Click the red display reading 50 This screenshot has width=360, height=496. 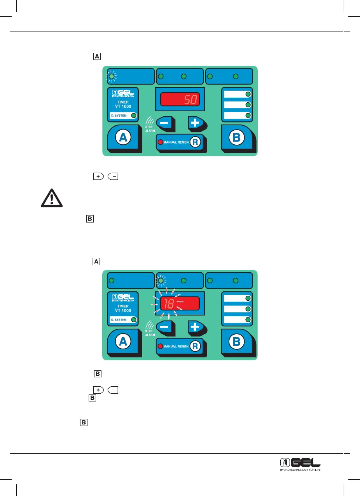[x=180, y=101]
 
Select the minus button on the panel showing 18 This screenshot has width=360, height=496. [x=164, y=326]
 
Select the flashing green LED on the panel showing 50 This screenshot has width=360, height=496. [x=112, y=77]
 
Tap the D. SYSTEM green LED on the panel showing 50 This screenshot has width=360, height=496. [x=134, y=116]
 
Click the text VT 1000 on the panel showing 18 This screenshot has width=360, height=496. [x=123, y=310]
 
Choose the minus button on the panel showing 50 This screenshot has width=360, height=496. [x=164, y=123]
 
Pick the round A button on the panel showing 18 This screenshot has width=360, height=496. [x=123, y=341]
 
